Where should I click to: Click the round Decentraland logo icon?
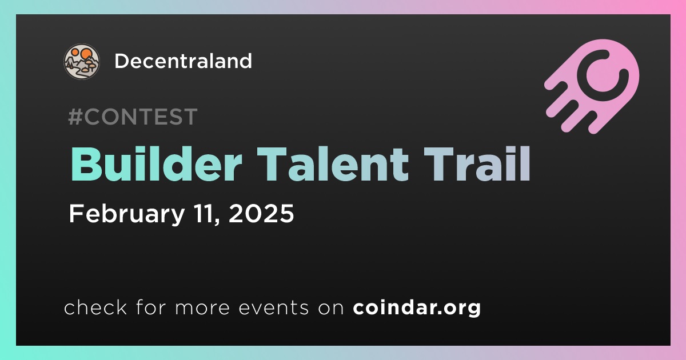pyautogui.click(x=81, y=62)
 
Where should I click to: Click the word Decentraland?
pyautogui.click(x=183, y=61)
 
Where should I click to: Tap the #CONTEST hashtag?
pyautogui.click(x=133, y=117)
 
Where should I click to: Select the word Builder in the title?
pyautogui.click(x=156, y=164)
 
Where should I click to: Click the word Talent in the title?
pyautogui.click(x=333, y=164)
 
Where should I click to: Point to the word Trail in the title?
pyautogui.click(x=477, y=164)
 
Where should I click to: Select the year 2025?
pyautogui.click(x=261, y=213)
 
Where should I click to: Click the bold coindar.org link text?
pyautogui.click(x=417, y=307)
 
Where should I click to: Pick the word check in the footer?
pyautogui.click(x=95, y=307)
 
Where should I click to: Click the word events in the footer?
pyautogui.click(x=274, y=307)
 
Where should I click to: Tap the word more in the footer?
pyautogui.click(x=202, y=308)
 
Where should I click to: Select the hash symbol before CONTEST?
pyautogui.click(x=75, y=117)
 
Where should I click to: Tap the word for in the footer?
pyautogui.click(x=151, y=307)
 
